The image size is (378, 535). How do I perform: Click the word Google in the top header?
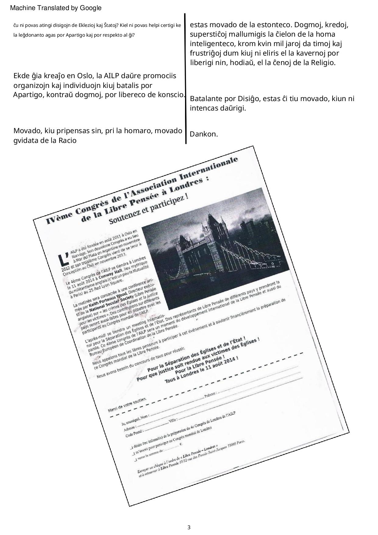tap(91, 8)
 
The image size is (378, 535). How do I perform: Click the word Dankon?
tap(204, 134)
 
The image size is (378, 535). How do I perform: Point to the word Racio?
tap(67, 141)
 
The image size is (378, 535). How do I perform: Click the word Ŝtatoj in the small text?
tap(111, 25)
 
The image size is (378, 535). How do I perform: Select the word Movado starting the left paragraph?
tap(27, 131)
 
